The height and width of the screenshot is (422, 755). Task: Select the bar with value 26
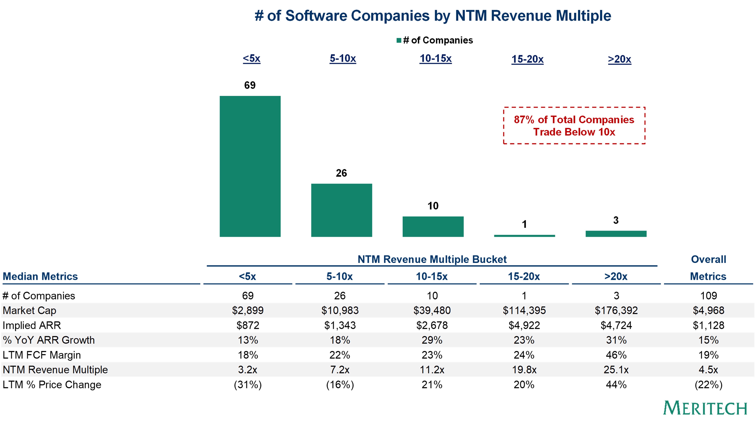(341, 210)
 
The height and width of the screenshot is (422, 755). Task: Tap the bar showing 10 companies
(433, 227)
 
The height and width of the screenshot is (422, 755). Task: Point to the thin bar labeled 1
(524, 236)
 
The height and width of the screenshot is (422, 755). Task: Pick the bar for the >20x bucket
(616, 234)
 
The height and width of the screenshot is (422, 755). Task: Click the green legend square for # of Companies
(399, 40)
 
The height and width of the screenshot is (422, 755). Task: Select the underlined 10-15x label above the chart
(435, 59)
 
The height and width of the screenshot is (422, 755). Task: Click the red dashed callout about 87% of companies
(574, 125)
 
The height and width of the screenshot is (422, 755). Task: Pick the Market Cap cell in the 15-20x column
(524, 310)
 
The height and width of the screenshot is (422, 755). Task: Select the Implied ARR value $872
(248, 325)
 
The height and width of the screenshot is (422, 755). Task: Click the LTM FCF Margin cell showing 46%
(616, 355)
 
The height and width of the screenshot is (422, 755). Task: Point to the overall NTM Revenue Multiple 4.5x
(708, 370)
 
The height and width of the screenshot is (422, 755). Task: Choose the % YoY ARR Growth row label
(49, 340)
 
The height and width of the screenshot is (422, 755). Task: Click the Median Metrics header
(40, 276)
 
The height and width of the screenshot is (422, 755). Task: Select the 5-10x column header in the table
(340, 276)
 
